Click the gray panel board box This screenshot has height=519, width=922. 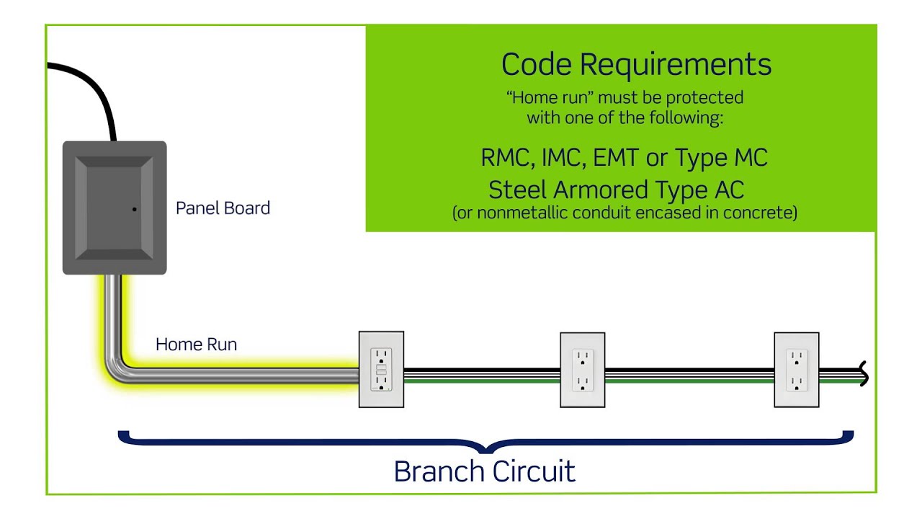(115, 208)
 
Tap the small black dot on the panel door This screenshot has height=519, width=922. (135, 209)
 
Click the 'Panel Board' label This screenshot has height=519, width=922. (223, 208)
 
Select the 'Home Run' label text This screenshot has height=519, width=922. (196, 345)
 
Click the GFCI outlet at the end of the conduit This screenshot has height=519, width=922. (381, 370)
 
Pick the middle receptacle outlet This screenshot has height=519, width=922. (582, 370)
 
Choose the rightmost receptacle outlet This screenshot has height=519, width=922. (796, 370)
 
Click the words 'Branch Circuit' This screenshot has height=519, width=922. (484, 471)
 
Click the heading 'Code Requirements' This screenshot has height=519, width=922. (636, 64)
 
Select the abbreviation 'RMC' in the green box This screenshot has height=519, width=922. (506, 158)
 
